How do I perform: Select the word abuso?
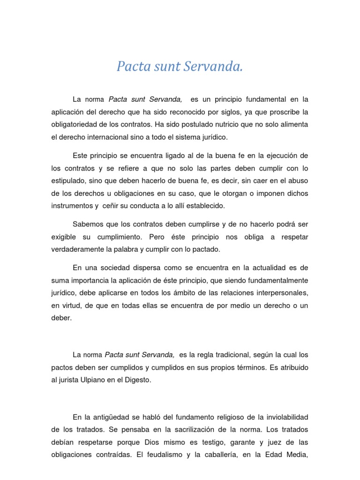pyautogui.click(x=298, y=180)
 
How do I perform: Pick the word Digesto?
pyautogui.click(x=136, y=380)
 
